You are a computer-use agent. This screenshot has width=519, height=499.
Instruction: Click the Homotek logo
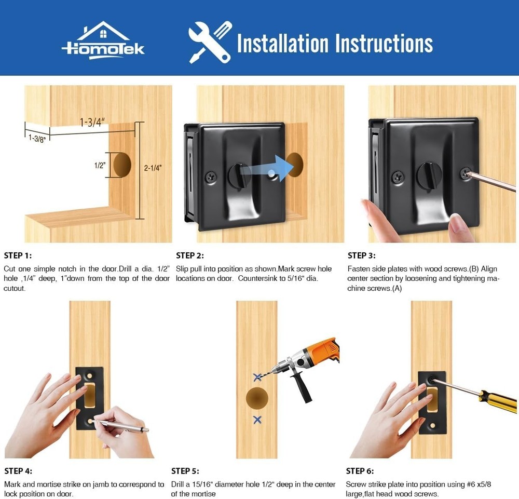pyautogui.click(x=103, y=41)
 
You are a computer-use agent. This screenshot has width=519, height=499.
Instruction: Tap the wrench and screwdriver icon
pyautogui.click(x=210, y=42)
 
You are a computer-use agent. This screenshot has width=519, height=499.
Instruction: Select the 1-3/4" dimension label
pyautogui.click(x=92, y=122)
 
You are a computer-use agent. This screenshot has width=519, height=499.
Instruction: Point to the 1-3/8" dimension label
pyautogui.click(x=37, y=139)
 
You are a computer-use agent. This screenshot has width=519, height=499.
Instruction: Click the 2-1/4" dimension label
pyautogui.click(x=153, y=168)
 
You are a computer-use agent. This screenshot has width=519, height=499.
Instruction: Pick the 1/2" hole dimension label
pyautogui.click(x=99, y=166)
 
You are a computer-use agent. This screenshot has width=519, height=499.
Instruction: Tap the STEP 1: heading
pyautogui.click(x=18, y=255)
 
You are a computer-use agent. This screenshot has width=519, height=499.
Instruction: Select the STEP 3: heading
pyautogui.click(x=361, y=255)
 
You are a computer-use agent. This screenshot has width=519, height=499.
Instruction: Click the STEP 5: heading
pyautogui.click(x=185, y=471)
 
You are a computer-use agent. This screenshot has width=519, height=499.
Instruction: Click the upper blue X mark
pyautogui.click(x=257, y=377)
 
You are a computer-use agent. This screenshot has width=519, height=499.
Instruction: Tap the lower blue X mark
pyautogui.click(x=257, y=419)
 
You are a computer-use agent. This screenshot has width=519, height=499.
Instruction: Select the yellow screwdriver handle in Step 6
pyautogui.click(x=498, y=401)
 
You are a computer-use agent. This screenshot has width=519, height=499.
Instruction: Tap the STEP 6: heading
pyautogui.click(x=360, y=471)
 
